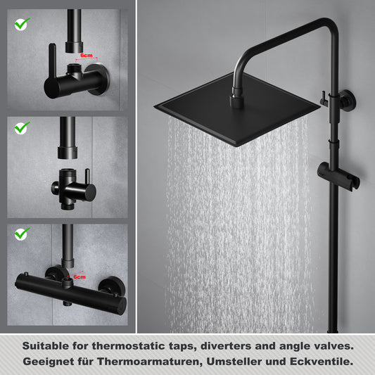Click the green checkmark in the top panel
click(x=22, y=24)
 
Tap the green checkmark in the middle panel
click(x=22, y=128)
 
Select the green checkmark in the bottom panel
click(x=22, y=234)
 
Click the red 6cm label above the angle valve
click(x=87, y=56)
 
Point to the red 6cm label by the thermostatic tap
click(x=80, y=277)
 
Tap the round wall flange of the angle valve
click(x=98, y=79)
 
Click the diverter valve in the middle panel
click(x=73, y=189)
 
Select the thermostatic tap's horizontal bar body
click(x=71, y=293)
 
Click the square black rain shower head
click(x=237, y=109)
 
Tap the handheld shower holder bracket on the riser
click(x=338, y=176)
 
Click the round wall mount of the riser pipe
click(x=348, y=101)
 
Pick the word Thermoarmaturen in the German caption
click(x=148, y=362)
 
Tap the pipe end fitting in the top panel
click(x=74, y=47)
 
